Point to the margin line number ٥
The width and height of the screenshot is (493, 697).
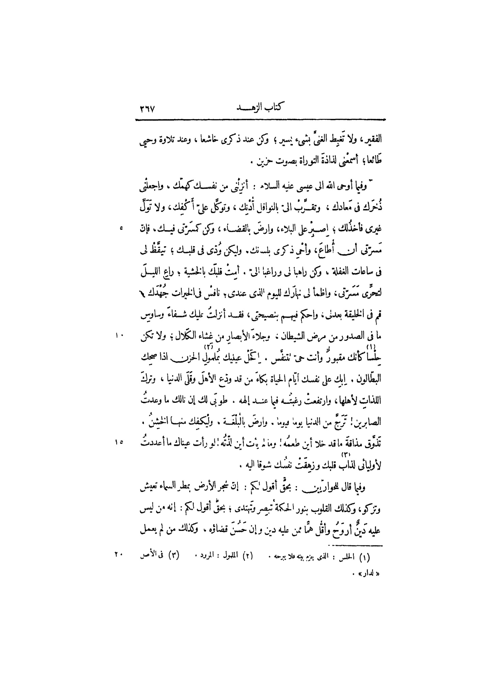pos(121,228)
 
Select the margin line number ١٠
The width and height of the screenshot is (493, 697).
pos(120,336)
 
